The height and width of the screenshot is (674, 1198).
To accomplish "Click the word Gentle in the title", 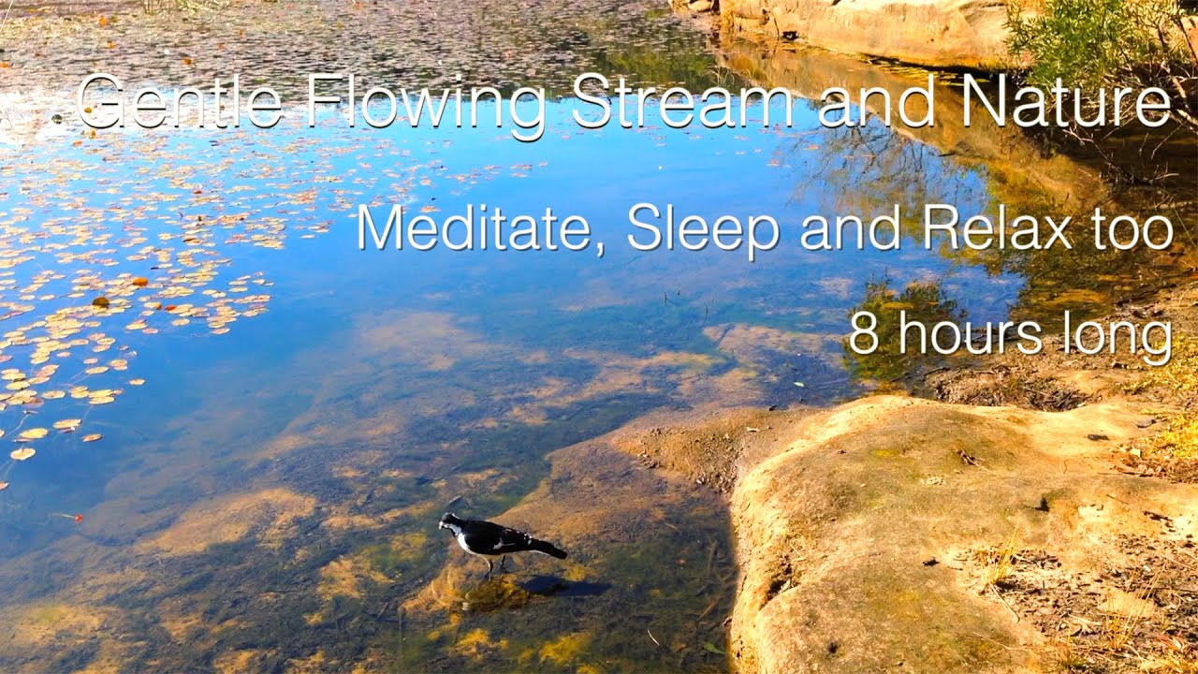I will pos(179,102).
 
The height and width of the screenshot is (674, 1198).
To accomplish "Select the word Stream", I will pos(681,101).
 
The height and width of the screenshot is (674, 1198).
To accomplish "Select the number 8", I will pos(863,334).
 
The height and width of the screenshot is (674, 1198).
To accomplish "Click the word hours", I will pos(964,333).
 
